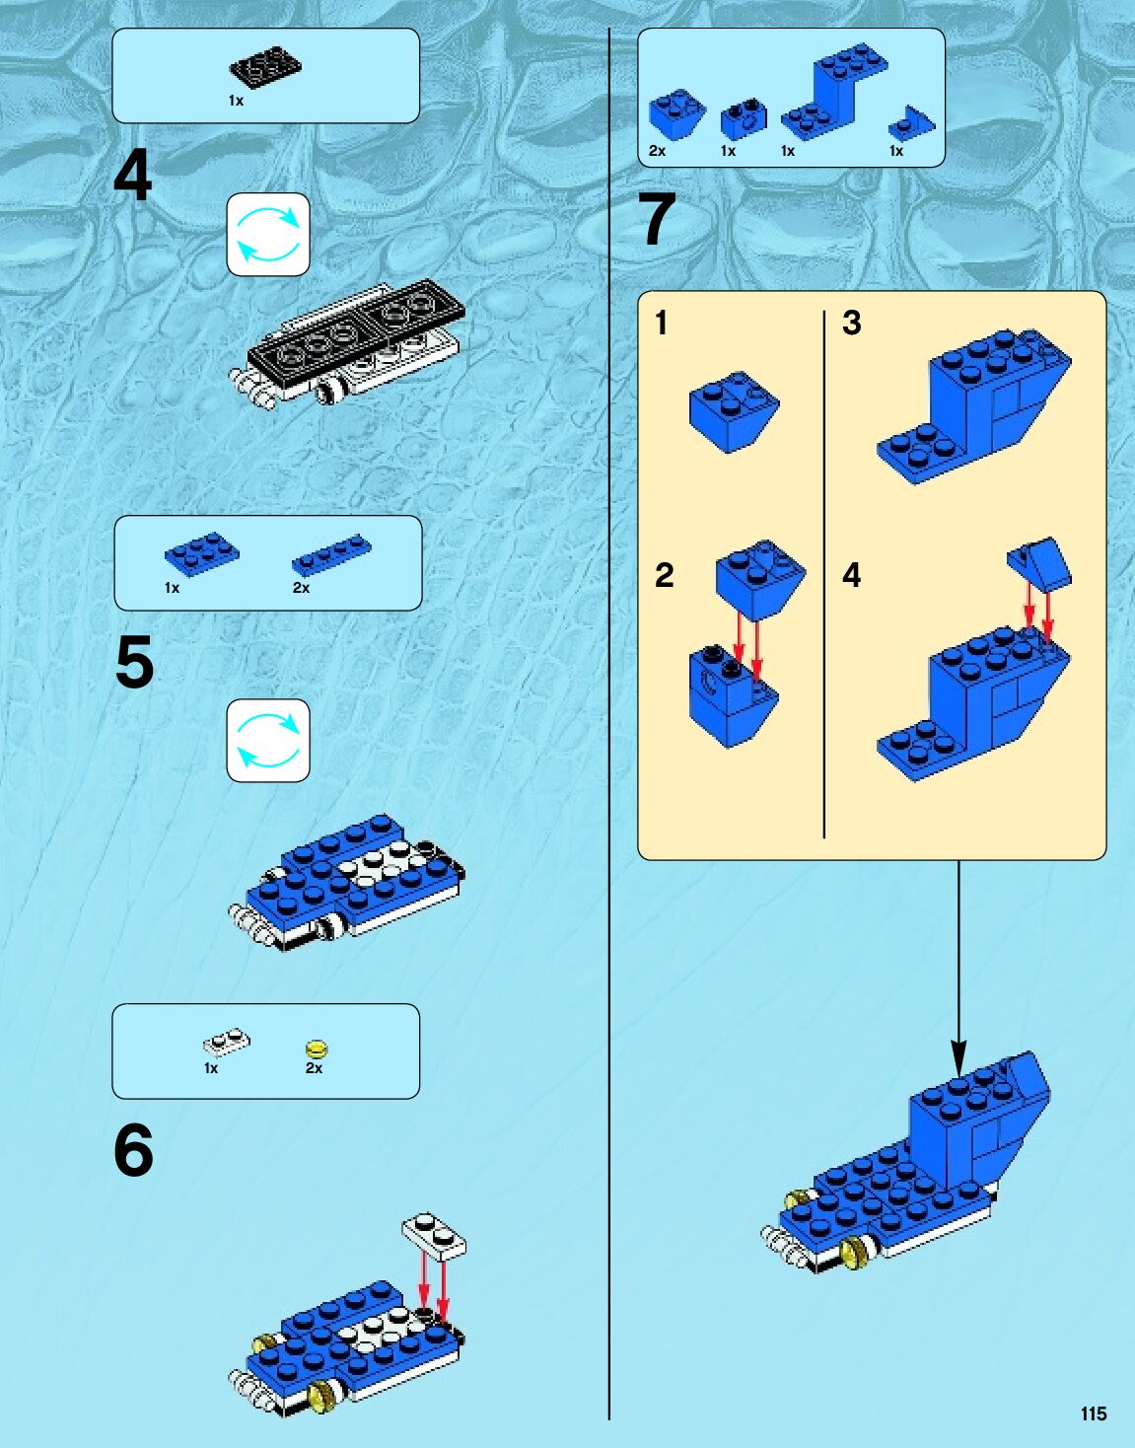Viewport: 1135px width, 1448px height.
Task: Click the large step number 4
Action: click(132, 175)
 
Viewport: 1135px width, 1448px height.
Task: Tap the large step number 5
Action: click(134, 663)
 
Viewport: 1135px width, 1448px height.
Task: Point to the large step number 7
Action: click(657, 218)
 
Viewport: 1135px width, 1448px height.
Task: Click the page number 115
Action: click(1093, 1412)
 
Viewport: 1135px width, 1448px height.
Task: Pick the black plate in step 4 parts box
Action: click(265, 67)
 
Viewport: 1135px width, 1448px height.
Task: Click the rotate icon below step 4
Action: click(268, 234)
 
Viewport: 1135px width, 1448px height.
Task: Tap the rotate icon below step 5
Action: click(268, 741)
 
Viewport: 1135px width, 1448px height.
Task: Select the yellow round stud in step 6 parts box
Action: click(317, 1049)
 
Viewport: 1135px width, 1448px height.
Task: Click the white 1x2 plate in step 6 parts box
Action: click(227, 1043)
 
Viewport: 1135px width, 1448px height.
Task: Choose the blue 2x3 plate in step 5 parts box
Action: click(202, 553)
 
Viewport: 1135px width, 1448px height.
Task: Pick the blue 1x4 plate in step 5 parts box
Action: click(331, 554)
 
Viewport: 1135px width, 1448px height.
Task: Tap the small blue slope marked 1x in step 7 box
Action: click(911, 122)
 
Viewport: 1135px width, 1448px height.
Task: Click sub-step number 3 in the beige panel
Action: click(852, 323)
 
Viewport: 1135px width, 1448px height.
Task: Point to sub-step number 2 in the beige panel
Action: click(664, 575)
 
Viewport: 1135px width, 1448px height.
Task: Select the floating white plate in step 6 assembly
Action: click(434, 1236)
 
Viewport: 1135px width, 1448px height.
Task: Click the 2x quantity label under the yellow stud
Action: click(314, 1068)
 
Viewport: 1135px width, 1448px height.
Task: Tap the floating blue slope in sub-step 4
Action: click(1039, 564)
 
